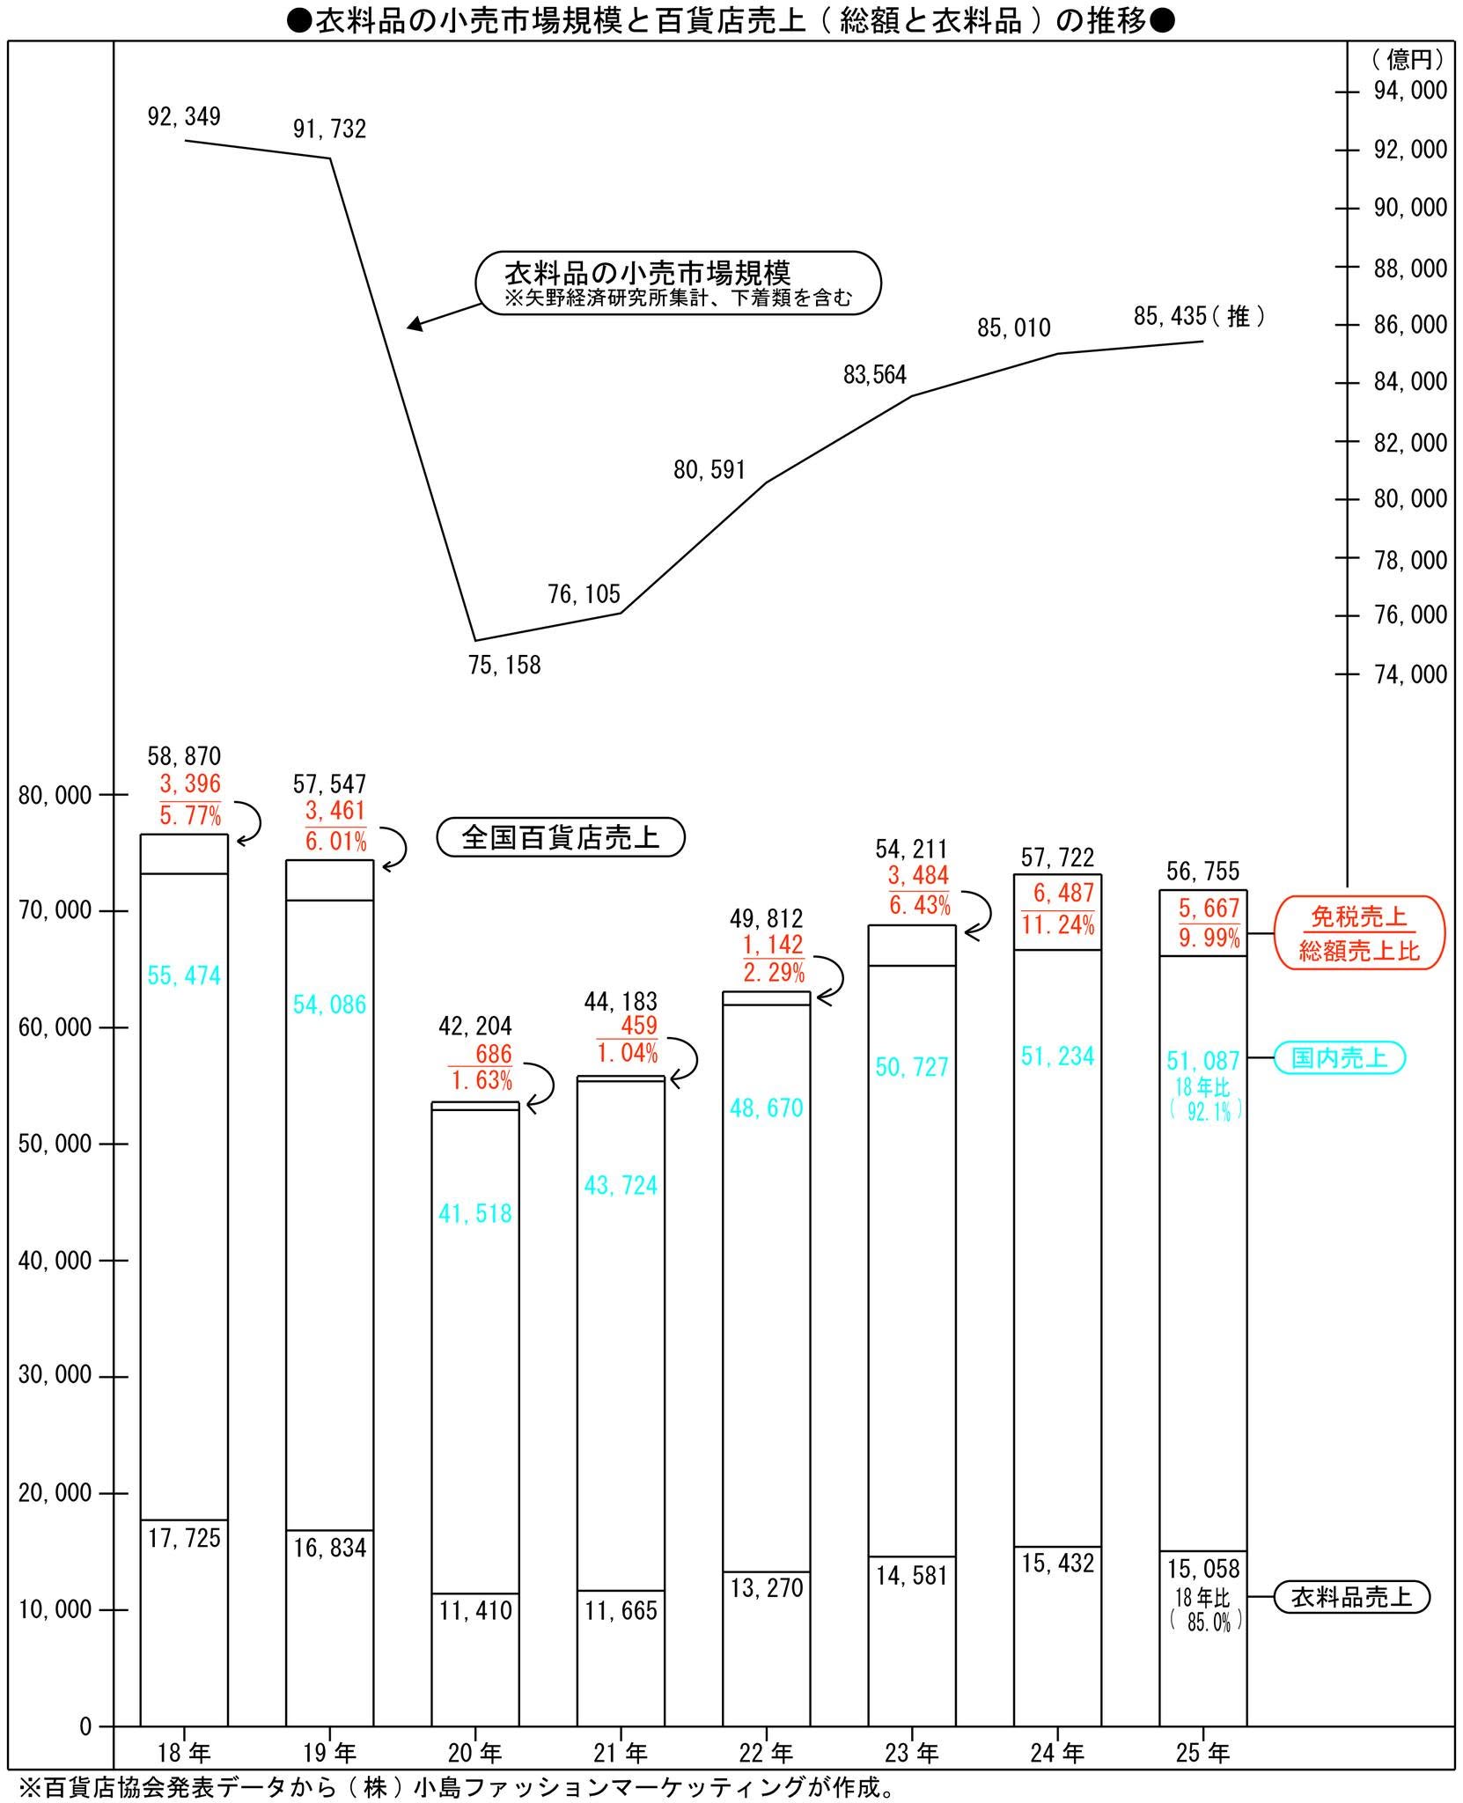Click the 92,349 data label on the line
tap(184, 116)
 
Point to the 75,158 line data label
tap(504, 665)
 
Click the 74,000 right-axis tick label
tap(1410, 674)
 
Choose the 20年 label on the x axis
tap(475, 1754)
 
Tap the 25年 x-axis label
tap(1203, 1754)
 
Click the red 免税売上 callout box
tap(1360, 932)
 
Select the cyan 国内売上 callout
tap(1340, 1058)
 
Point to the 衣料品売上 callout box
tap(1351, 1596)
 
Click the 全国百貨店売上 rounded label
tap(561, 837)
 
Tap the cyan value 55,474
tap(184, 975)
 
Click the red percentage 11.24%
tap(1058, 925)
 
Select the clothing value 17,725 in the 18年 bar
tap(184, 1538)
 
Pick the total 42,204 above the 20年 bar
tap(475, 1027)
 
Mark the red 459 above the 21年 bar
tap(639, 1026)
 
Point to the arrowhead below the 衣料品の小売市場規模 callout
tap(414, 325)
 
